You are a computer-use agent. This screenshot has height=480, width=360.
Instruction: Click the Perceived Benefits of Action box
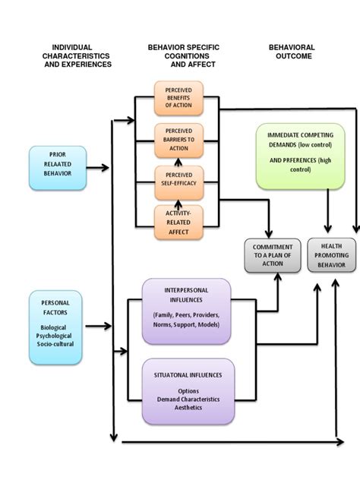point(178,98)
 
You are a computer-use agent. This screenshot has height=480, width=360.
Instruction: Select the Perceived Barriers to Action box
point(178,140)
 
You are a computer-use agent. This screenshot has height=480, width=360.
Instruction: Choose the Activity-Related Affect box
point(178,222)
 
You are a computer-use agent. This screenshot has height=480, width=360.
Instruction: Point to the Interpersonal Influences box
point(186,311)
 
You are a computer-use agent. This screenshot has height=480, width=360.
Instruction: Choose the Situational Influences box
point(186,390)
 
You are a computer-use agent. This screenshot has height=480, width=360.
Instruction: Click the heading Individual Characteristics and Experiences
point(76,55)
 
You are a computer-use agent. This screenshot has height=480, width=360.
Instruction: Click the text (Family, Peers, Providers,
point(187,314)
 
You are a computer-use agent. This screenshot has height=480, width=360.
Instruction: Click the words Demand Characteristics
point(188,399)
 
